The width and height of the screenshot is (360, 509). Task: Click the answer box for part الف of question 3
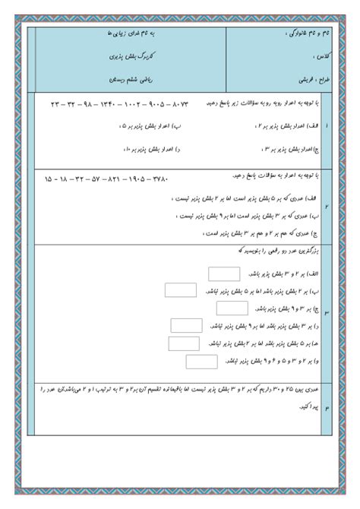click(x=223, y=274)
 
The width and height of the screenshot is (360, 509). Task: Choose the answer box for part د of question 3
click(x=185, y=325)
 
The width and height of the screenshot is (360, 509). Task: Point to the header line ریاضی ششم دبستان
click(x=124, y=77)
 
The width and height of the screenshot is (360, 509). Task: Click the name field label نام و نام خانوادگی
click(x=286, y=33)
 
